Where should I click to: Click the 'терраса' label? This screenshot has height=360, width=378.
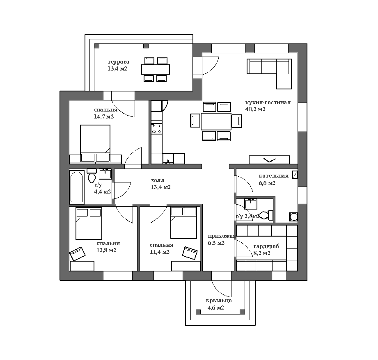pyautogui.click(x=118, y=62)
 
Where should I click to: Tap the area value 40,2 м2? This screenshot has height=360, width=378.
pyautogui.click(x=255, y=109)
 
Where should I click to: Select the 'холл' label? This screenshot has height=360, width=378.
pyautogui.click(x=158, y=180)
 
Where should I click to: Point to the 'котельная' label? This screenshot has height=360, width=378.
pyautogui.click(x=274, y=176)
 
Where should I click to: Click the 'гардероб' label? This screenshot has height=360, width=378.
pyautogui.click(x=266, y=246)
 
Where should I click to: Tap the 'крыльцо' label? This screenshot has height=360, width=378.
pyautogui.click(x=219, y=301)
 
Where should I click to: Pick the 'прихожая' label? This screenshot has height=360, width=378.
pyautogui.click(x=222, y=236)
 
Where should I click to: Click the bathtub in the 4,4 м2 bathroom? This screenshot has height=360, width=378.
pyautogui.click(x=77, y=187)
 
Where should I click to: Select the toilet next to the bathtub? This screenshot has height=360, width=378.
pyautogui.click(x=92, y=175)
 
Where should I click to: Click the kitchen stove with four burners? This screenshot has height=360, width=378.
pyautogui.click(x=156, y=128)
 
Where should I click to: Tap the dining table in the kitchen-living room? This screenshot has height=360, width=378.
pyautogui.click(x=216, y=121)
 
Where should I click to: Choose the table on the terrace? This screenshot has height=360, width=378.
pyautogui.click(x=156, y=70)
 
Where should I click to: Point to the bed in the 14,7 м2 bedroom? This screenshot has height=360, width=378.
pyautogui.click(x=95, y=143)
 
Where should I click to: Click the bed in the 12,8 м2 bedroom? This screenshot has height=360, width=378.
pyautogui.click(x=89, y=223)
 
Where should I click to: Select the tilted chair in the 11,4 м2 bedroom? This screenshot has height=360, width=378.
pyautogui.click(x=190, y=253)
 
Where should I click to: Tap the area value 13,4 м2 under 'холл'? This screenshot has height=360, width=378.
pyautogui.click(x=161, y=187)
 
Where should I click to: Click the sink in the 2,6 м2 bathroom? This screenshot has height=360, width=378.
pyautogui.click(x=251, y=204)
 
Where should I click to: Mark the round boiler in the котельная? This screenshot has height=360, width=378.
pyautogui.click(x=293, y=217)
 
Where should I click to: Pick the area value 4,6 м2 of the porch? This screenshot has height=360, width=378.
pyautogui.click(x=216, y=308)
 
